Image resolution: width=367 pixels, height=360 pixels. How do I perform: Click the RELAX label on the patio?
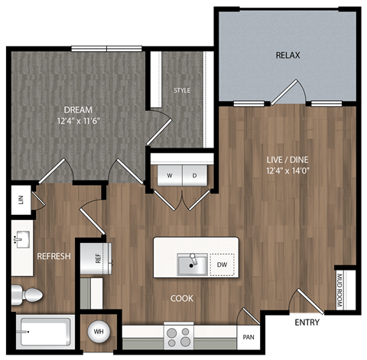[x=287, y=55]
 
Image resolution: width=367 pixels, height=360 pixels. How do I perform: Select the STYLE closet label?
[x=182, y=91]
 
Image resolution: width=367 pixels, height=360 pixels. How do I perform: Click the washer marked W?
[x=169, y=175]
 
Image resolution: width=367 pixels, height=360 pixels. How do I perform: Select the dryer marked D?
[x=194, y=175]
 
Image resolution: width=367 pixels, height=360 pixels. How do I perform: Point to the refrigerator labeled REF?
[x=98, y=258]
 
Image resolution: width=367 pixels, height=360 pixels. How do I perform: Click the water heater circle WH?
[x=98, y=332]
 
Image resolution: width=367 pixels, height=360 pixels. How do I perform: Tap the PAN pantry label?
[x=248, y=336]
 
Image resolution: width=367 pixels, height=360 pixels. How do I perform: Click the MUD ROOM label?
[x=341, y=290]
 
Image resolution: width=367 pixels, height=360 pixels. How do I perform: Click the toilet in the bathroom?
[x=28, y=294]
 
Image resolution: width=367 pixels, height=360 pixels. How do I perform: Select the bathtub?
[x=44, y=332]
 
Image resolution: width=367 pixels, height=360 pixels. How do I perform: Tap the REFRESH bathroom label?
[x=54, y=257]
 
